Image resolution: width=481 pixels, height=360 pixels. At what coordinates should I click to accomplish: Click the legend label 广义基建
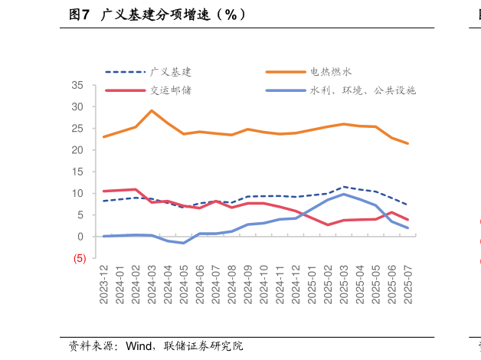(171, 72)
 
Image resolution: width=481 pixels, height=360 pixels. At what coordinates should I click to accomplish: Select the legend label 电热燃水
(331, 72)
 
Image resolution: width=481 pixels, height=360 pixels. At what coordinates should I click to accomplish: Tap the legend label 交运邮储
(171, 90)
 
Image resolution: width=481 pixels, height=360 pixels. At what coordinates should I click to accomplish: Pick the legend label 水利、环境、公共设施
(363, 90)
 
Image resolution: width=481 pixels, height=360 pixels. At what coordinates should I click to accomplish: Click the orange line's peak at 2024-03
(152, 110)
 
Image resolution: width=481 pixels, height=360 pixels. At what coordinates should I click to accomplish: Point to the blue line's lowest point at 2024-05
(184, 243)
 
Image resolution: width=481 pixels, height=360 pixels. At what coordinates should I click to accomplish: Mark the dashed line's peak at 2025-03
(344, 187)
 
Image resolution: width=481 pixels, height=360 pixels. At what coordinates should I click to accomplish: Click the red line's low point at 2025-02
(328, 224)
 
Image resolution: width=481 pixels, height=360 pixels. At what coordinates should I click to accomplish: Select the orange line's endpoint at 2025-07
(407, 143)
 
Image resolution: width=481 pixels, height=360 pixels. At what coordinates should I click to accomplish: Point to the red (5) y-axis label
(80, 259)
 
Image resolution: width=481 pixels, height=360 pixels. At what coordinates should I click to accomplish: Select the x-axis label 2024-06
(200, 285)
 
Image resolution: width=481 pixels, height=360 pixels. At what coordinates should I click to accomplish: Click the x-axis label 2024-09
(247, 285)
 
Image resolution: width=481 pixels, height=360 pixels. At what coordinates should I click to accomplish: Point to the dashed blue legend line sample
(125, 72)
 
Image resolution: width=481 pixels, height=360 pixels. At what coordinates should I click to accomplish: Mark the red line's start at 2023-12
(104, 191)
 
